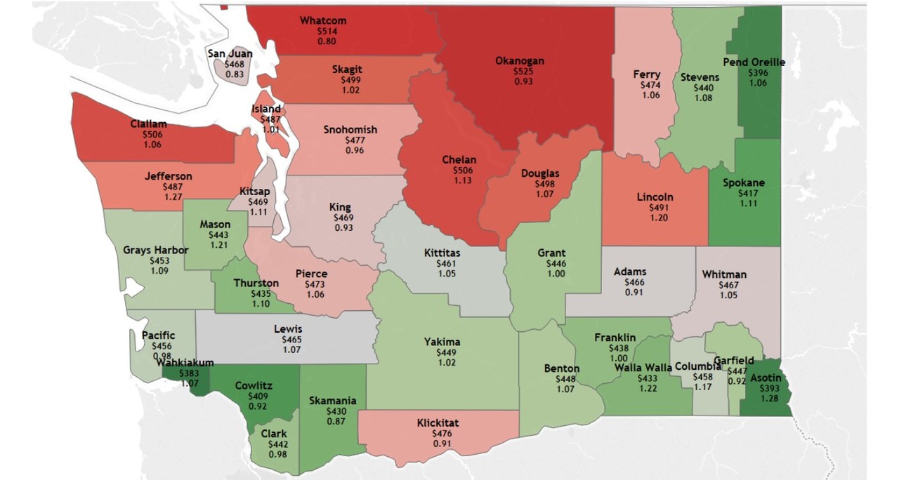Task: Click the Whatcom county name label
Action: point(322,20)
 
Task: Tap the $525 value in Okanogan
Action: point(519,72)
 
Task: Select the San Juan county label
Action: point(230,53)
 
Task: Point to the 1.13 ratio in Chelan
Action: point(459,180)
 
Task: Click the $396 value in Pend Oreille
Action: point(758,72)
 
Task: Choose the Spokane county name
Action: point(744,183)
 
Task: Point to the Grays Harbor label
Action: point(155,250)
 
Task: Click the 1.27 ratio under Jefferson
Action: point(168,197)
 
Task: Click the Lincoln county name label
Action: point(655,197)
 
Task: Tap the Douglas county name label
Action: point(540,173)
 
